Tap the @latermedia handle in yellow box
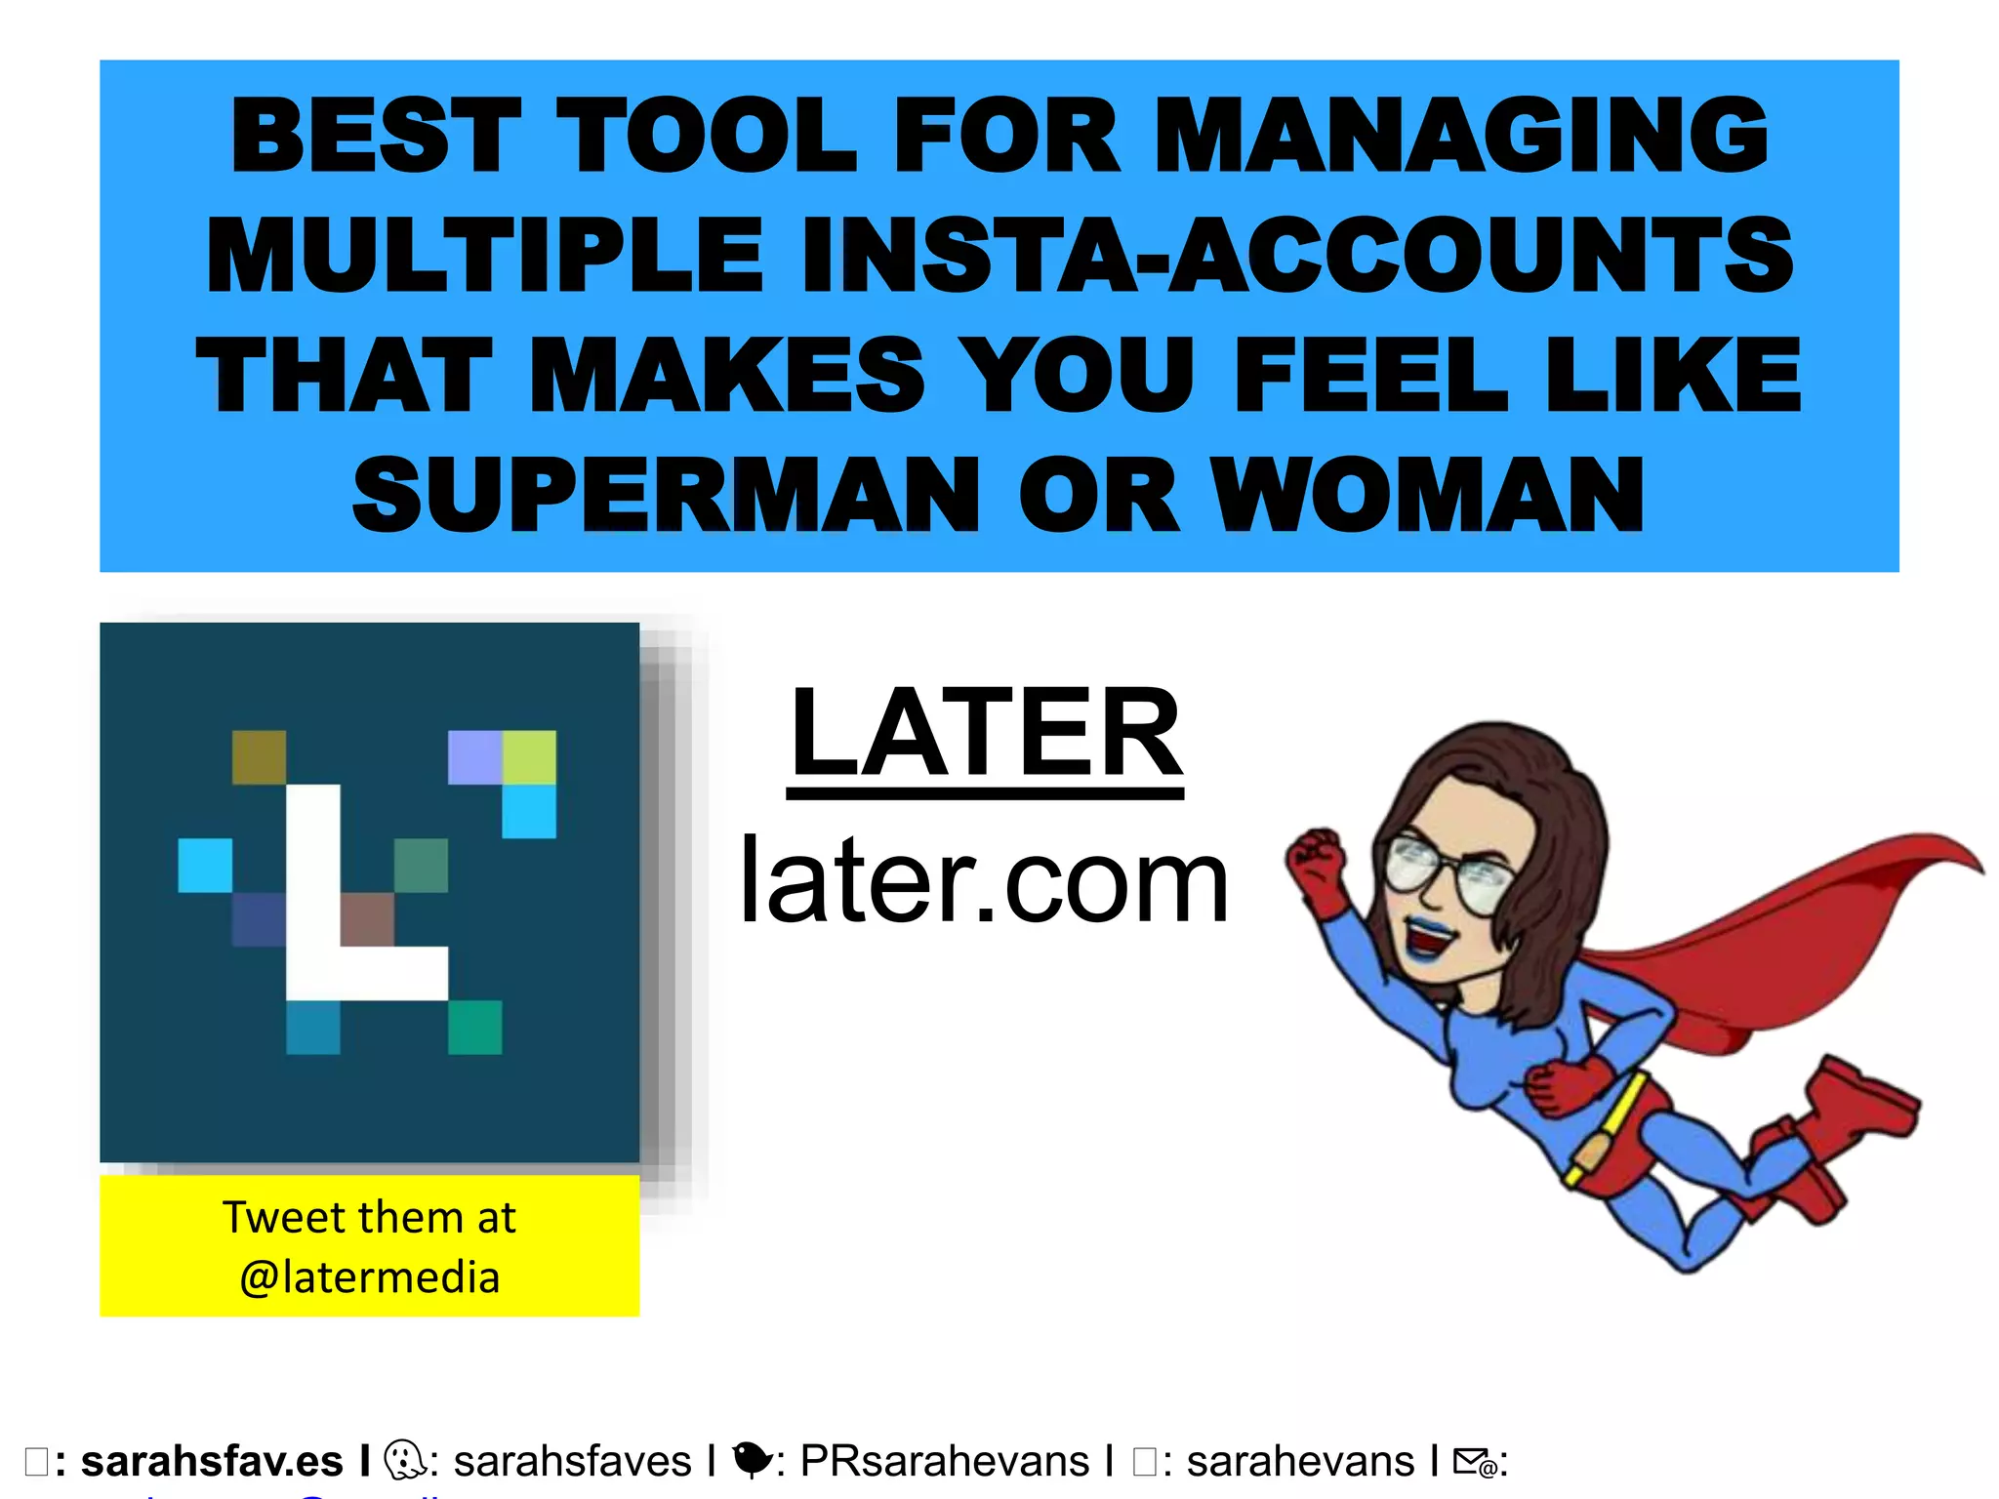pyautogui.click(x=370, y=1277)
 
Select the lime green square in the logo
pyautogui.click(x=529, y=757)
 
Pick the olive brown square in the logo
pyautogui.click(x=260, y=757)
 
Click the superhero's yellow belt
pyautogui.click(x=1611, y=1122)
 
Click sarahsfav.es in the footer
pyautogui.click(x=212, y=1462)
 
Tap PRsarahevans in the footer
pyautogui.click(x=944, y=1462)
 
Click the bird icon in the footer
pyautogui.click(x=751, y=1460)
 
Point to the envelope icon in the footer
pyautogui.click(x=1474, y=1462)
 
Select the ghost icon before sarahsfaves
pyautogui.click(x=402, y=1460)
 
